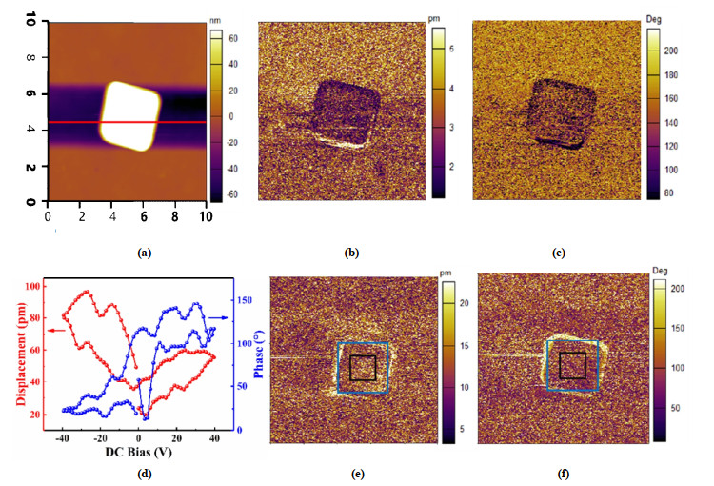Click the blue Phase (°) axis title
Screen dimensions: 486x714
click(246, 352)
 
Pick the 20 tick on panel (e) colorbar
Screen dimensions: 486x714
click(458, 302)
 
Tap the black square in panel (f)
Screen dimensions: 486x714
click(572, 365)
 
